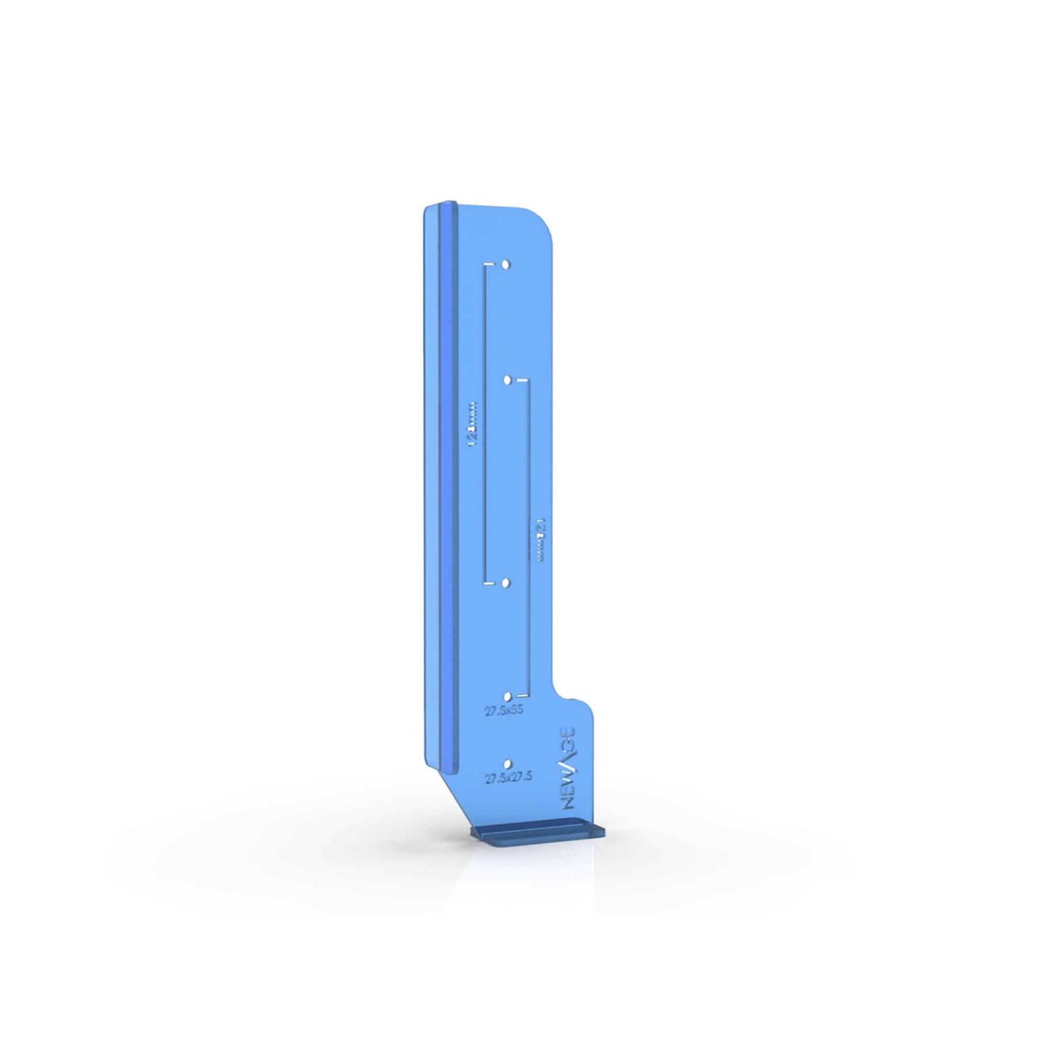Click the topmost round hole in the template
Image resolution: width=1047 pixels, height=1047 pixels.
(506, 265)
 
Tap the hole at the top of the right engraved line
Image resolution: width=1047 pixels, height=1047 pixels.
(508, 380)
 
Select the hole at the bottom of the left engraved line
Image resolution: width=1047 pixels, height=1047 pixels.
(506, 582)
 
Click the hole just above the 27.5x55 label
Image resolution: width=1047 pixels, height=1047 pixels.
(507, 697)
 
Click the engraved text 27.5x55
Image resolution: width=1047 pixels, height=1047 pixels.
(505, 711)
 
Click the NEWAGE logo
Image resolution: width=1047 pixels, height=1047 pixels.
(569, 768)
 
